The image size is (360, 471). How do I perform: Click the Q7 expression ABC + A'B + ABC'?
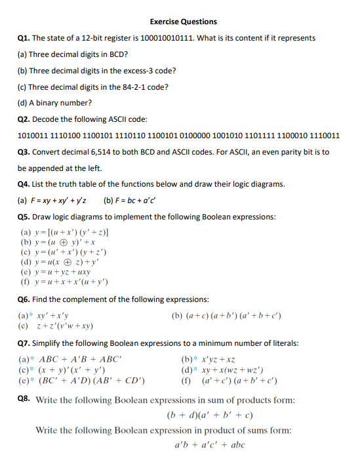tap(70, 359)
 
